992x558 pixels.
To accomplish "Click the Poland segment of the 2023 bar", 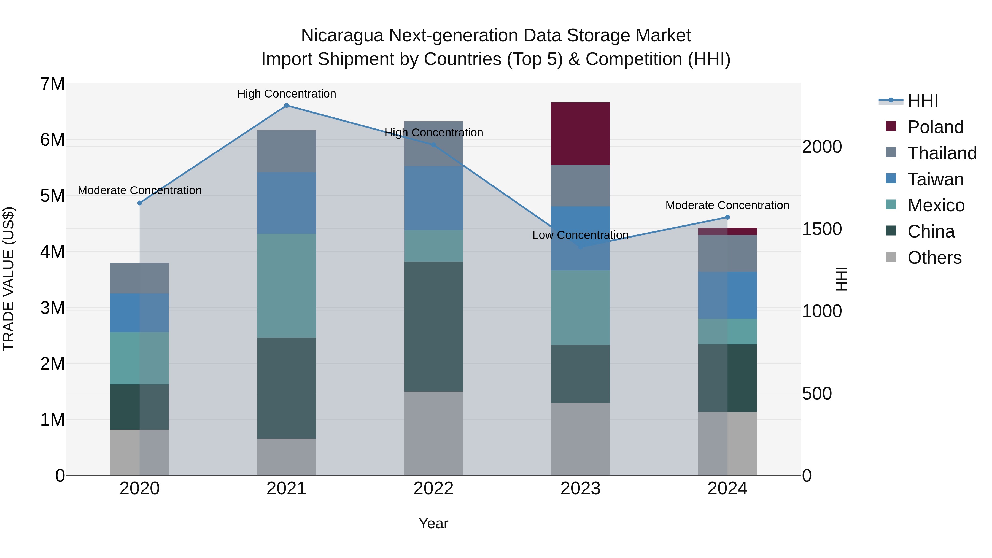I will (580, 133).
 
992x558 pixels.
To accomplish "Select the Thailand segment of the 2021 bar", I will (287, 151).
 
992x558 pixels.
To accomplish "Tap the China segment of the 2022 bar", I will (433, 326).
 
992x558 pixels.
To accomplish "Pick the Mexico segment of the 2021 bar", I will (287, 285).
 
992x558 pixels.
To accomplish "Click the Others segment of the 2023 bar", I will (580, 439).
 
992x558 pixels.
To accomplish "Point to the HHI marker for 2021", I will (287, 106).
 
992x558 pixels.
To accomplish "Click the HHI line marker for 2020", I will (140, 203).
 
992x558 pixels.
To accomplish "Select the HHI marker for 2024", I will (727, 217).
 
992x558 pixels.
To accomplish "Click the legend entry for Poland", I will (935, 127).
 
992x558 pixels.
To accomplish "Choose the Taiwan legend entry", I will (935, 179).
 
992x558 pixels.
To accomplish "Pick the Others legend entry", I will (934, 258).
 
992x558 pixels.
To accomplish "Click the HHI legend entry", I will (922, 101).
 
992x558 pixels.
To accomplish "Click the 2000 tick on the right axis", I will (822, 147).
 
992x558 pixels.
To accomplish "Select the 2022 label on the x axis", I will (433, 489).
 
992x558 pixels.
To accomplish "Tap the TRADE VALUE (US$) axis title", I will (9, 279).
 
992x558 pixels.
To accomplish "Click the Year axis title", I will (433, 523).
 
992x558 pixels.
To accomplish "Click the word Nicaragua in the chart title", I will (342, 36).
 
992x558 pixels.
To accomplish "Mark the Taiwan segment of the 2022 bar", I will (433, 198).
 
